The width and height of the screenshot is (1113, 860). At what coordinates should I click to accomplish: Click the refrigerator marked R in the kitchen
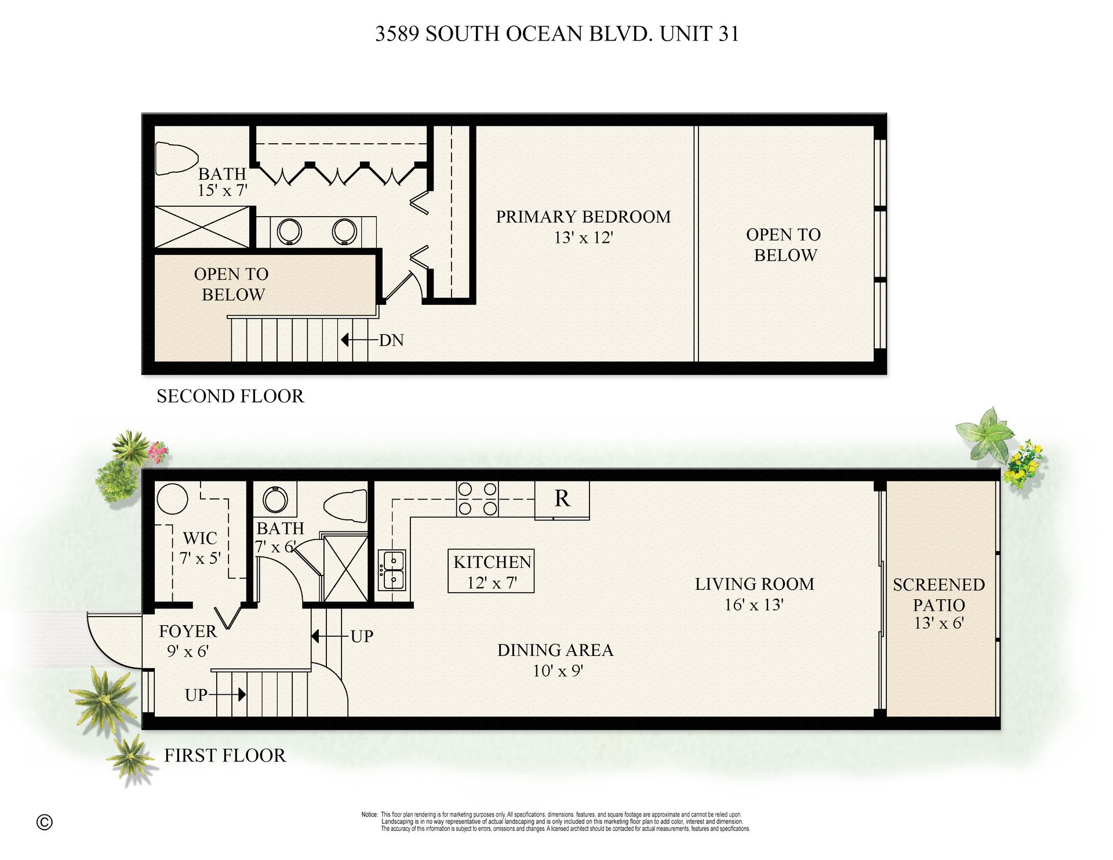coord(562,499)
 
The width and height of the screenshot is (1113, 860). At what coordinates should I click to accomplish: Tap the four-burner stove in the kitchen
coord(477,498)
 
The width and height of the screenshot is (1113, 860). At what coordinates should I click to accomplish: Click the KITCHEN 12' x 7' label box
coord(491,571)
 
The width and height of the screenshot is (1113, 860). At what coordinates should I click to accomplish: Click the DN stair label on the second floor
coord(391,340)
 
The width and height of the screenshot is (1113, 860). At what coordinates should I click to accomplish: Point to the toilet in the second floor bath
coord(176,158)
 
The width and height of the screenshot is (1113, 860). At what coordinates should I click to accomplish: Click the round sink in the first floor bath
coord(275,500)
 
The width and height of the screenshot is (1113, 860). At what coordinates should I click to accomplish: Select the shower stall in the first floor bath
coord(345,569)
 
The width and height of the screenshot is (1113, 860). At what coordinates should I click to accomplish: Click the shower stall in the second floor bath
coord(202,227)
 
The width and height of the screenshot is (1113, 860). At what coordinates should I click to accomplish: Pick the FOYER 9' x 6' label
coord(188,641)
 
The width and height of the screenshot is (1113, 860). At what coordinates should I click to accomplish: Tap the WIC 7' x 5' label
coord(200,548)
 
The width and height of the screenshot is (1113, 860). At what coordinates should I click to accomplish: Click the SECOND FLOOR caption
coord(230,396)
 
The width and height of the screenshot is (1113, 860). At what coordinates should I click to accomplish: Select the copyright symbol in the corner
coord(44,822)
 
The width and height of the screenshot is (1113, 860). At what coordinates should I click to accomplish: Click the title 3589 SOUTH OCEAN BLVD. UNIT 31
coord(557,34)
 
